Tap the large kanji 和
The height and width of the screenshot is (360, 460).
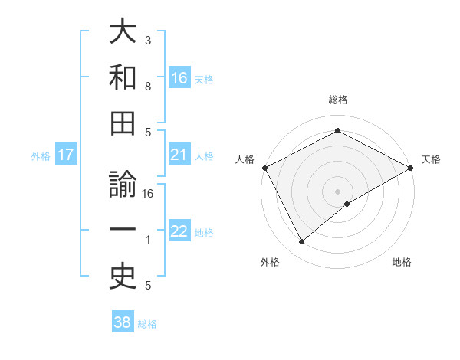[x=123, y=77]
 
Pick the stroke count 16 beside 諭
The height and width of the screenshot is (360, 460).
[x=148, y=194]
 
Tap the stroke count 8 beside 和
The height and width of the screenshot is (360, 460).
[x=148, y=87]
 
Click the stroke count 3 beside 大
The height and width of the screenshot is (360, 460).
[x=148, y=40]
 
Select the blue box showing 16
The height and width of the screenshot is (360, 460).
[x=179, y=77]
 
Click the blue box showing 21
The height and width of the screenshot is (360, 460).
[x=179, y=155]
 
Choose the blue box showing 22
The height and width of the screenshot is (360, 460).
[x=179, y=231]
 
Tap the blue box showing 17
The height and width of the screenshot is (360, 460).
[x=66, y=155]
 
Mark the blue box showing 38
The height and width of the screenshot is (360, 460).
[x=122, y=322]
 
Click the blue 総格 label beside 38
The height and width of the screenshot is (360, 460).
[x=147, y=324]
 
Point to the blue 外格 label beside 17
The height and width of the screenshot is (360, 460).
[x=41, y=156]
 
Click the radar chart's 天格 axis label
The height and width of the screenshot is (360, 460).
[x=431, y=159]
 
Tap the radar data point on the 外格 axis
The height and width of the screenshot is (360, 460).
[x=301, y=242]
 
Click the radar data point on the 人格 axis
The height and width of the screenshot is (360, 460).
[x=264, y=168]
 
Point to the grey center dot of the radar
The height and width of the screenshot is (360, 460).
[x=337, y=191]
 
